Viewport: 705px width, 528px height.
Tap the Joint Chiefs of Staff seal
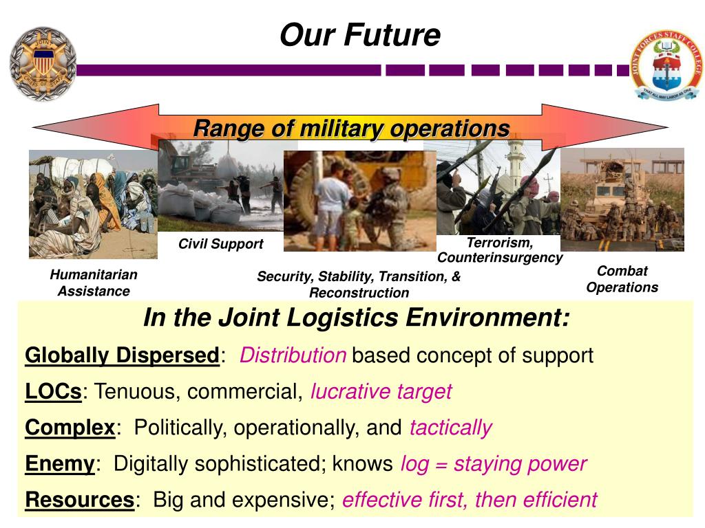43,64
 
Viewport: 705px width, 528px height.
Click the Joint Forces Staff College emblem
666,65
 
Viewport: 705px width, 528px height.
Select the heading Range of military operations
351,129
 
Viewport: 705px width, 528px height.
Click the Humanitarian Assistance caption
94,283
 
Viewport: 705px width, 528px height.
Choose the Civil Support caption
220,244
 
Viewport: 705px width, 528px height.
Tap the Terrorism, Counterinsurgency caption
500,250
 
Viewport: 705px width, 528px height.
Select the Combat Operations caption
622,279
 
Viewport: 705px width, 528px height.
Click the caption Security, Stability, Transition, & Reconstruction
359,285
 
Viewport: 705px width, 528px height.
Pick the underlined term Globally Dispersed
122,355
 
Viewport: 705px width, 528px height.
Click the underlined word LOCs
54,392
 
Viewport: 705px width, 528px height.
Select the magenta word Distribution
293,355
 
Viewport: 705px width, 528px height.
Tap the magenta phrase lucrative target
381,392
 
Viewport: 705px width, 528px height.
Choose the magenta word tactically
450,428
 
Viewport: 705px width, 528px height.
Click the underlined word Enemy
59,463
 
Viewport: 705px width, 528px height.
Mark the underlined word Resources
79,500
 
